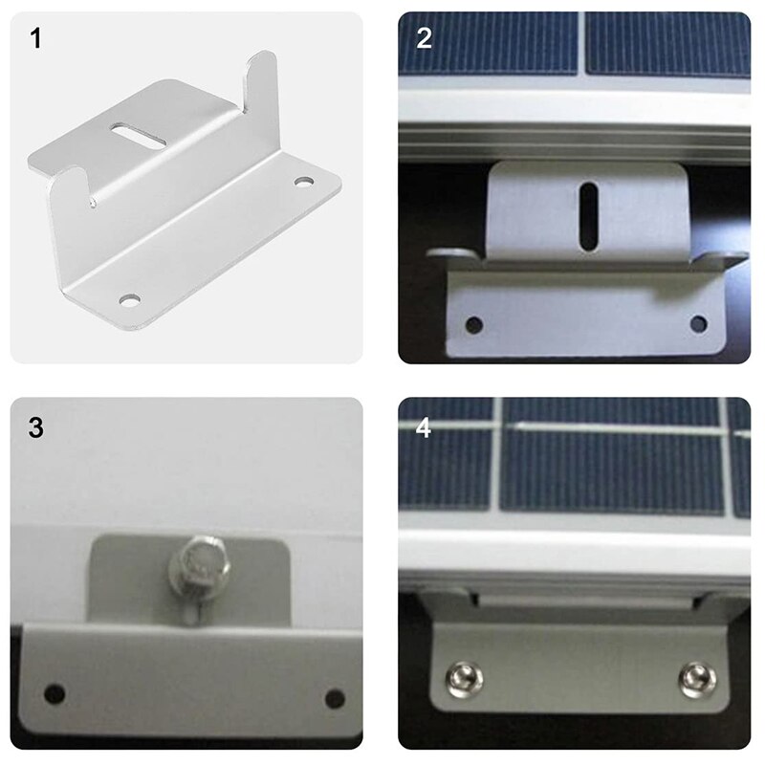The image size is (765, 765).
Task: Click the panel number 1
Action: point(35,41)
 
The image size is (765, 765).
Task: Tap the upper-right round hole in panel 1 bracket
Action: point(304,181)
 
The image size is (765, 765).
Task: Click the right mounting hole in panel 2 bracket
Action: point(699,324)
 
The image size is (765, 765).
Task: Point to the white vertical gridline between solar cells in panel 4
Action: point(499,459)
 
